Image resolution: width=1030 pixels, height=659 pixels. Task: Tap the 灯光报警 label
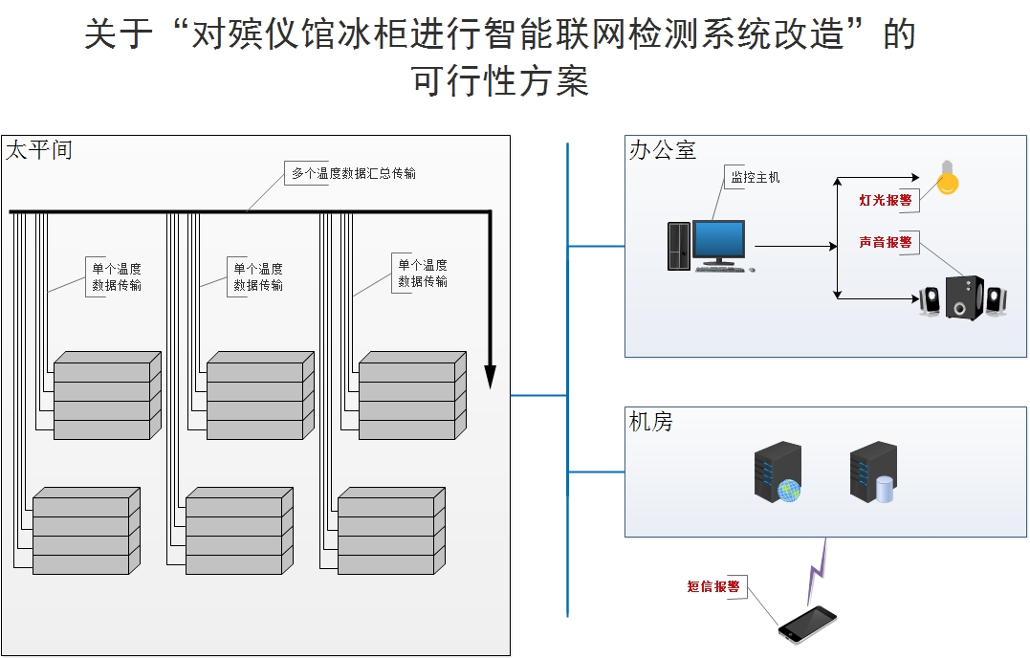coord(885,200)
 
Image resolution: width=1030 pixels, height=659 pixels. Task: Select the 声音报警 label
coord(885,243)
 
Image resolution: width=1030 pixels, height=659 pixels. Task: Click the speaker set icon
coord(963,298)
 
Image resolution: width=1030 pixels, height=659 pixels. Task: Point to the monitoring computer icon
coord(709,247)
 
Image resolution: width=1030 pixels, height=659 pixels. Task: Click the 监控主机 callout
coord(755,177)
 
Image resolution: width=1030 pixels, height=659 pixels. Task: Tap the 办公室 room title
coord(662,150)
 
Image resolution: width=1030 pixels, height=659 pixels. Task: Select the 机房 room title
coord(650,422)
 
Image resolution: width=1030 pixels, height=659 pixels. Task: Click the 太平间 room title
coord(38,150)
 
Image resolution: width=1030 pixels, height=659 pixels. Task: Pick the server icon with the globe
coord(778,472)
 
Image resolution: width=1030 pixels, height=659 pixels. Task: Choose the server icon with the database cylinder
coord(873,472)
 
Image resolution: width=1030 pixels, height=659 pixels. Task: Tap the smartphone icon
coord(806,624)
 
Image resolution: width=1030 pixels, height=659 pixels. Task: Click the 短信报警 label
coord(713,586)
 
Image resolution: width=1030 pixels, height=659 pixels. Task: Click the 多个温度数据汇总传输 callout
coord(353,173)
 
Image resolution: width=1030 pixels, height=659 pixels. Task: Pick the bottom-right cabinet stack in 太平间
coord(391,531)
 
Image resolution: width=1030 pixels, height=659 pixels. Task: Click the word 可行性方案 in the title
coord(500,80)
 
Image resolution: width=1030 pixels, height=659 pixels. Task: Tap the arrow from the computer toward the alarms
coord(796,246)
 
